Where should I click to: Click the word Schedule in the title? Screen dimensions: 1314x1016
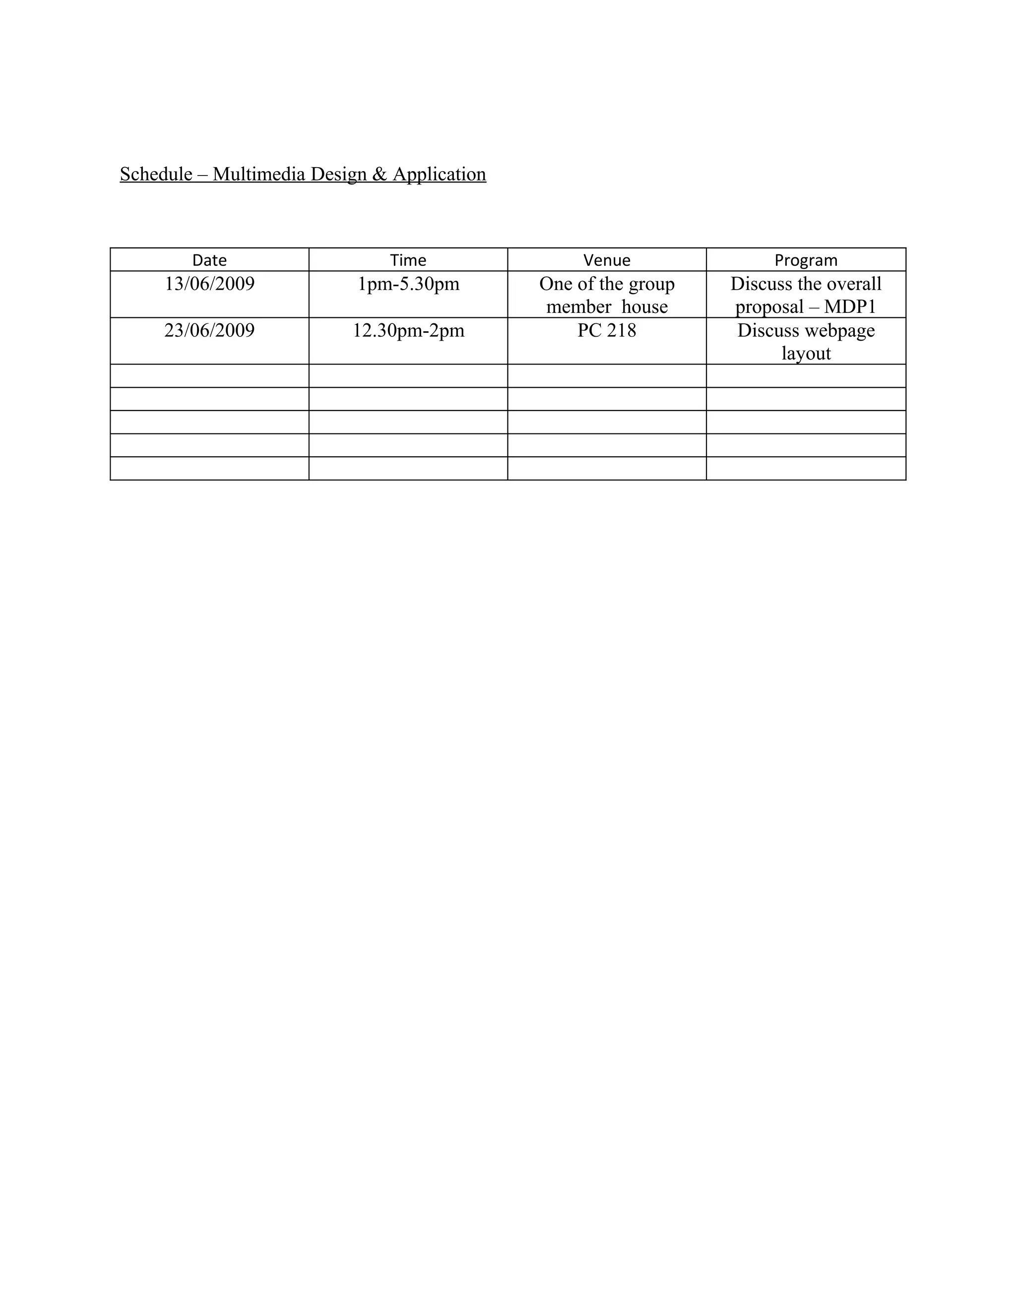tap(156, 174)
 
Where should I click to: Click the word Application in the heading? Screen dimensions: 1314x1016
tap(440, 174)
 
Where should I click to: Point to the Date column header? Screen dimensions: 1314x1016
tap(209, 260)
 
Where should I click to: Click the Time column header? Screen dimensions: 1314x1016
tap(408, 260)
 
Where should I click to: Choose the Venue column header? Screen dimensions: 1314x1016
tap(607, 260)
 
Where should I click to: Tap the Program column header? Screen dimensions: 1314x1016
tap(806, 260)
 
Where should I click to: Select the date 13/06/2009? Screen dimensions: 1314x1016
tap(209, 283)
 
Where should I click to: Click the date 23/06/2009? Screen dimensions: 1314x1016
tap(209, 330)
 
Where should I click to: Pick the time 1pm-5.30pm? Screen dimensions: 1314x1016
tap(408, 283)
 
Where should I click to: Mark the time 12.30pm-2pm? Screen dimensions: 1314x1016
tap(408, 330)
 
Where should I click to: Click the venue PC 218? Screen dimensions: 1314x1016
tap(607, 330)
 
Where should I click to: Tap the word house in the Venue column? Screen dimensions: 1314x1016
tap(644, 307)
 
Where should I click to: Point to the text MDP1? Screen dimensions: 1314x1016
tap(850, 307)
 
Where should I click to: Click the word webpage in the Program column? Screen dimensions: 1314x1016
tap(840, 330)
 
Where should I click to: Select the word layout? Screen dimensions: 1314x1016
tap(806, 353)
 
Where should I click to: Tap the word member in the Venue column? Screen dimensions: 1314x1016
tap(578, 307)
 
